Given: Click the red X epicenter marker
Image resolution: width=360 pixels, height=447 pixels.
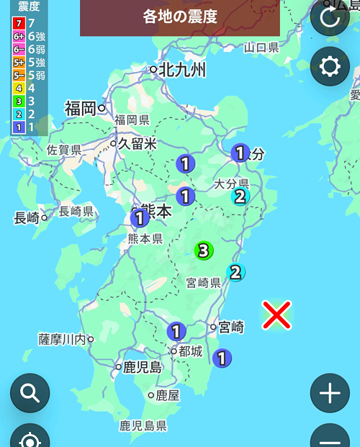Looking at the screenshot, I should coord(276,315).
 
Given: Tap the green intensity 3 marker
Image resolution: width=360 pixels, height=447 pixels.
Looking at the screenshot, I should coord(204,250).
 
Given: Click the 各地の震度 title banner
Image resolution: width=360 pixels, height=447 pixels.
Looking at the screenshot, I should coord(180,17).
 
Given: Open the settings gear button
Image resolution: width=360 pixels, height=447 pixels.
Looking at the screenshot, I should coord(330,66).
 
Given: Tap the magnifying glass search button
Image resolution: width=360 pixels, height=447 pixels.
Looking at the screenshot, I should coord(30,393).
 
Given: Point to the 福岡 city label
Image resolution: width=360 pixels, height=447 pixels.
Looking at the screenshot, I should coord(80,109).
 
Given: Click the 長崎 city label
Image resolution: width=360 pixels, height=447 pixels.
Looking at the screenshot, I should coord(26,217).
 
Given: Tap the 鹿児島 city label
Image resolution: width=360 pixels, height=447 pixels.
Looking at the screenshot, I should coord(141,367).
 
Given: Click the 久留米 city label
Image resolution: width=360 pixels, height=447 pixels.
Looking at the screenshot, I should coord(138,144).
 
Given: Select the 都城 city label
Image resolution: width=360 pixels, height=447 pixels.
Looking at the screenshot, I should coord(191,351).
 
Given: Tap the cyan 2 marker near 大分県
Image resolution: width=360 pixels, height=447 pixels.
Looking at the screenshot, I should coord(239,196).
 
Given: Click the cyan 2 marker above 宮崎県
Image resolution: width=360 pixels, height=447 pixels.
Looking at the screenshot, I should coord(235,272).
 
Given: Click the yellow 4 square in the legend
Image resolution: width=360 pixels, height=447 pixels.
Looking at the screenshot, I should coord(19,89).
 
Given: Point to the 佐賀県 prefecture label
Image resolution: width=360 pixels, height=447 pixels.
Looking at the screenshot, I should coord(63,150).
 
